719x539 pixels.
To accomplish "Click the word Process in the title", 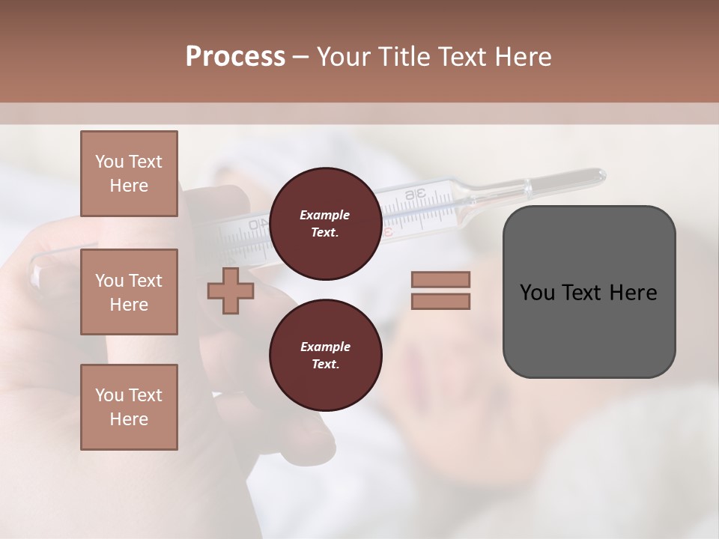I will [235, 57].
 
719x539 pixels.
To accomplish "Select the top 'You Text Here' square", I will [129, 174].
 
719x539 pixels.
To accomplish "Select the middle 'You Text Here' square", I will [129, 292].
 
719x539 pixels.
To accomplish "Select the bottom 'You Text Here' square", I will [129, 407].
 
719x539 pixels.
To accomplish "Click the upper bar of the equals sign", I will [440, 280].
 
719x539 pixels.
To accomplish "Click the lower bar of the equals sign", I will [440, 302].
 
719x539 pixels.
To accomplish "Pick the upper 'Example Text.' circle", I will [325, 224].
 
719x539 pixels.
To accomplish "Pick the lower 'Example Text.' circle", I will [325, 356].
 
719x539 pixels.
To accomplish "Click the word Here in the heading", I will [524, 57].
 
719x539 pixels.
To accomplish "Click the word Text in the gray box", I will [581, 293].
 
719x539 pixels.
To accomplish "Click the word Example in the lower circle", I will [325, 347].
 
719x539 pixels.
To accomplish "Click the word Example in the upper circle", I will [325, 215].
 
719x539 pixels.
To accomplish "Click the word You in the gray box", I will [536, 293].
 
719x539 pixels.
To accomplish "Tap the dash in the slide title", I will [300, 58].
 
